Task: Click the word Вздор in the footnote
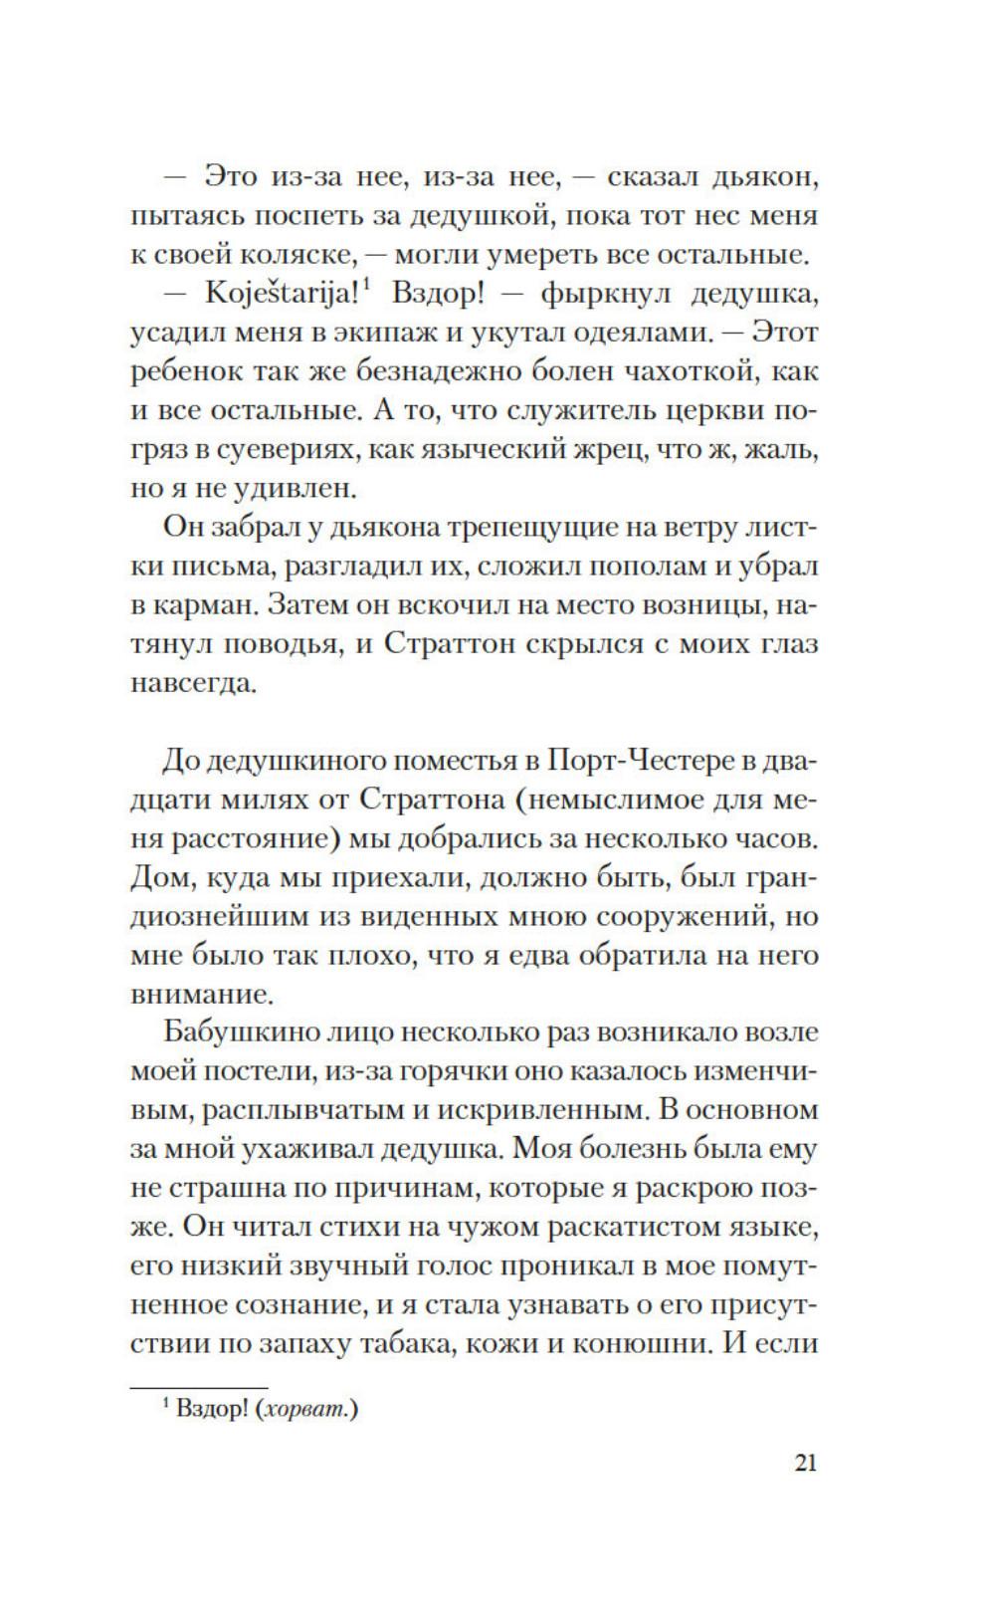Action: click(x=210, y=1411)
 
